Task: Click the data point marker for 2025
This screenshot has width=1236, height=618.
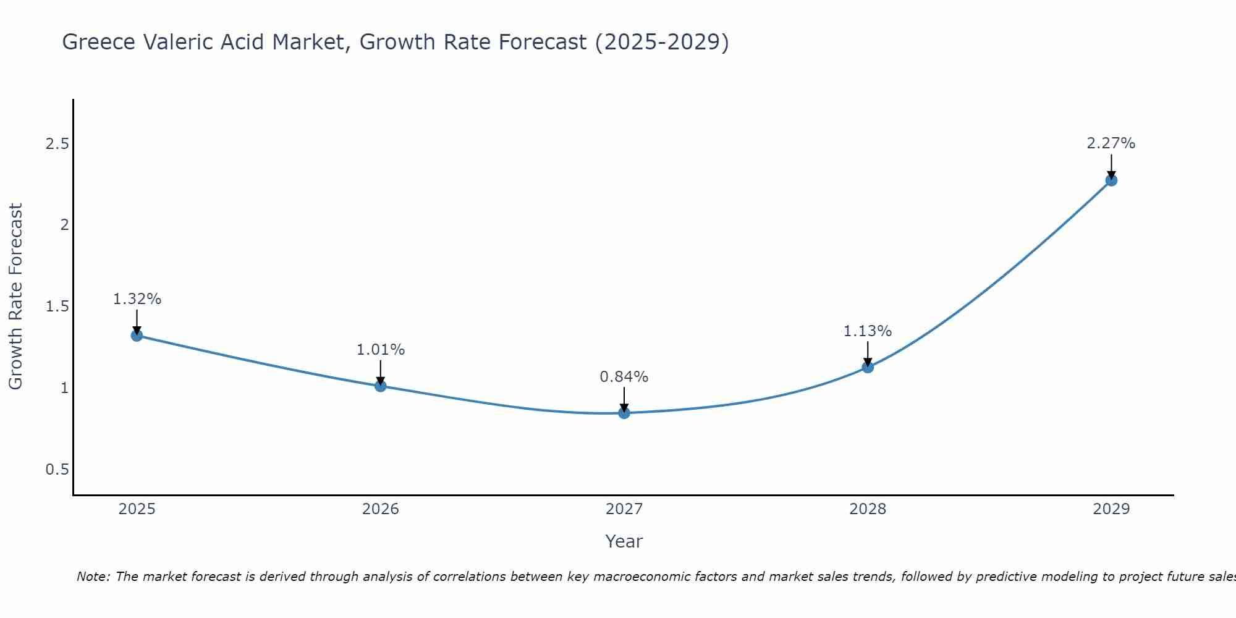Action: click(x=137, y=336)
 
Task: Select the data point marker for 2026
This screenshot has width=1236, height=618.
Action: click(x=381, y=386)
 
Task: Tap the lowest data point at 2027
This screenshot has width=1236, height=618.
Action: click(x=624, y=413)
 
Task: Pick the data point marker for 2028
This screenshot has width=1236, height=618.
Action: click(x=868, y=367)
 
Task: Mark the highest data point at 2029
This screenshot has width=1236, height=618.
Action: click(x=1111, y=180)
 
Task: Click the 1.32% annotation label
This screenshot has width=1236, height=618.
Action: click(x=137, y=299)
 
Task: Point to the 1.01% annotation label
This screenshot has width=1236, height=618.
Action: click(x=381, y=350)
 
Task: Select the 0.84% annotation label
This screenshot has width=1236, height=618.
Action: click(x=624, y=377)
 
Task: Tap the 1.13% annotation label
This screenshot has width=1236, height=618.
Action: click(x=868, y=331)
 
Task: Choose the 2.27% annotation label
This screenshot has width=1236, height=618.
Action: click(x=1111, y=143)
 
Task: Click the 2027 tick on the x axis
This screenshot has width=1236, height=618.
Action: click(x=624, y=509)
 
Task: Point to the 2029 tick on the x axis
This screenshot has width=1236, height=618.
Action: click(x=1111, y=509)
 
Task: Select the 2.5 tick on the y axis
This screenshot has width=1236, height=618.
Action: click(x=57, y=144)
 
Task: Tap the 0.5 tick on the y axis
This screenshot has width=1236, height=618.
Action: click(x=57, y=470)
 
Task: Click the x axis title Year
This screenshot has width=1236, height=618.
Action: click(x=624, y=541)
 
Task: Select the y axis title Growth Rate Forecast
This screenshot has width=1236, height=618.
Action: click(x=15, y=297)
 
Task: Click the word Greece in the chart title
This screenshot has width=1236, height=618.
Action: click(x=99, y=42)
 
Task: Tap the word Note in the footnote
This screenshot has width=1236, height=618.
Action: click(x=93, y=577)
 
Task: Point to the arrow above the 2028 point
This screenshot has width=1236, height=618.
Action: click(x=868, y=354)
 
